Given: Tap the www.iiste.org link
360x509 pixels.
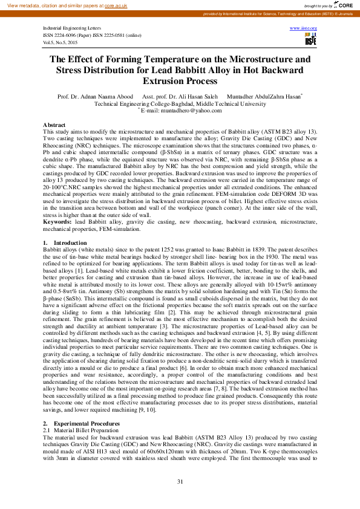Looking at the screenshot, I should pos(304,28).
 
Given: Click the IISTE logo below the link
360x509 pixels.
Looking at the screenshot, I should pos(310,39).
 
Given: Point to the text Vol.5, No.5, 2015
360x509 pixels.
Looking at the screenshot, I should pos(61,42).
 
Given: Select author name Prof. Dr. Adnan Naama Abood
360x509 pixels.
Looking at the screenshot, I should pos(96,96).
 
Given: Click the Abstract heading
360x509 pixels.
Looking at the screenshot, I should pos(54,125).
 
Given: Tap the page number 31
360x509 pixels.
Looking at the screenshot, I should pos(180,481).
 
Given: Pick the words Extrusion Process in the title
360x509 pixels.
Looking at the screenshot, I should pos(180,81).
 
